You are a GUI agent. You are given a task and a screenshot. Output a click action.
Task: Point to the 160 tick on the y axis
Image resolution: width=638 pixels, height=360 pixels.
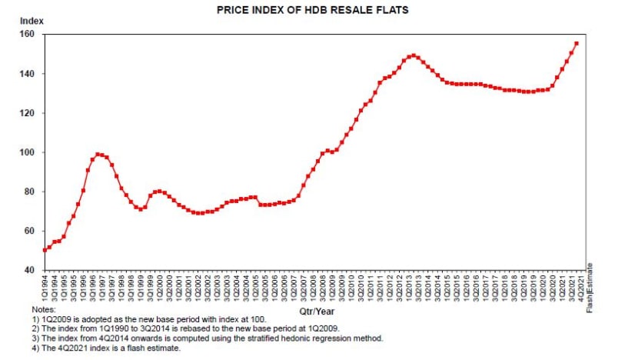(x=28, y=35)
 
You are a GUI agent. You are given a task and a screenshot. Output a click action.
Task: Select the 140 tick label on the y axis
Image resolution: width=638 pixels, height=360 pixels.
(x=28, y=74)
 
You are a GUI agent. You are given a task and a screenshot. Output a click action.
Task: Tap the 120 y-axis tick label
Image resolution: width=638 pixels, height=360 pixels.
(x=28, y=113)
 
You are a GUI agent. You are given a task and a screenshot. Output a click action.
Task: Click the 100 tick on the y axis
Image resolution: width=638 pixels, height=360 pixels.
(x=28, y=152)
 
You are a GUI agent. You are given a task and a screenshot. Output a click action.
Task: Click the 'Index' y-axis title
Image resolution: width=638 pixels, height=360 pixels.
(x=30, y=20)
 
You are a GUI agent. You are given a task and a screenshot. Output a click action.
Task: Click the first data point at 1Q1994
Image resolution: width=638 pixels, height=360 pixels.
(x=45, y=250)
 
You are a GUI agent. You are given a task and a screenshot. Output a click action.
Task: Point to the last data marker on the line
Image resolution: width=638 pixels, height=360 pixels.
(x=577, y=43)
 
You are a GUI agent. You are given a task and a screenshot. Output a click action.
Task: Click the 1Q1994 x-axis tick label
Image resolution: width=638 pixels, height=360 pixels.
(x=45, y=288)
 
